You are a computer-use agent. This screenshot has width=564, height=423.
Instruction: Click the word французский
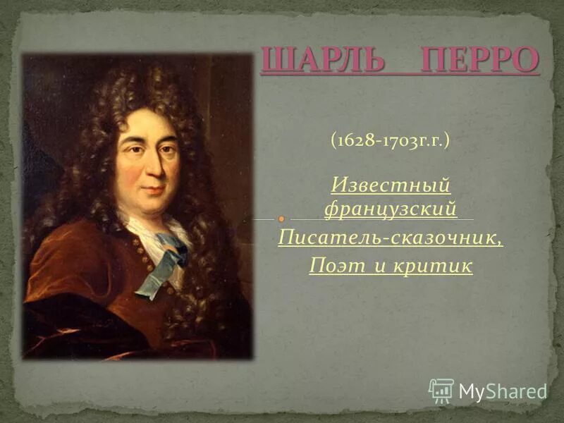pyautogui.click(x=391, y=209)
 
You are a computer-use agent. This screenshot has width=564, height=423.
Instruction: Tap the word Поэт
pyautogui.click(x=334, y=266)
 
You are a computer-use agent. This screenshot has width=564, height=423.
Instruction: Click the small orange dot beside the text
pyautogui.click(x=281, y=219)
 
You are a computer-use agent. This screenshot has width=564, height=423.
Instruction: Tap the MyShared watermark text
pyautogui.click(x=503, y=391)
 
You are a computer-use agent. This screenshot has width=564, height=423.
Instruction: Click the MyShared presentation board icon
pyautogui.click(x=441, y=390)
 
